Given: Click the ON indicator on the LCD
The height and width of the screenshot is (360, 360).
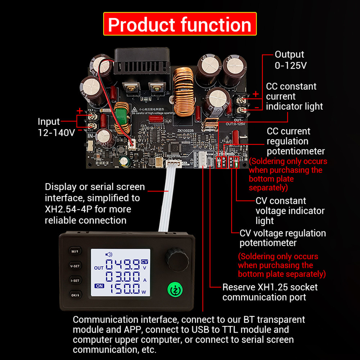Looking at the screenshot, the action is coord(99,286).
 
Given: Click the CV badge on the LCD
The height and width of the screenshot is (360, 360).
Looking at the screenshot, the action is coord(145,262).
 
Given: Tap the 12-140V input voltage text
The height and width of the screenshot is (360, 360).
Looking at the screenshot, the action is coord(56,132).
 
